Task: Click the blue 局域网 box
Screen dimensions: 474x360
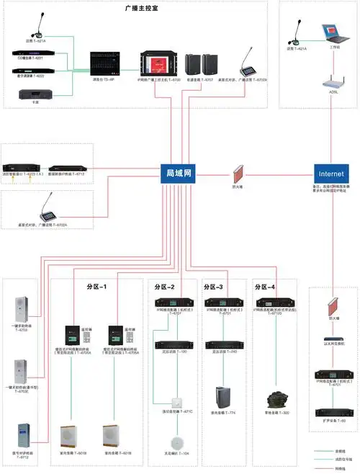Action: point(179,174)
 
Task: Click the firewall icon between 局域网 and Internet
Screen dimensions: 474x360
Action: point(238,175)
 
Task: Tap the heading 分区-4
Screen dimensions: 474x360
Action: point(267,286)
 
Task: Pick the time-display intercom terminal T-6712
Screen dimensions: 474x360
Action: point(22,437)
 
